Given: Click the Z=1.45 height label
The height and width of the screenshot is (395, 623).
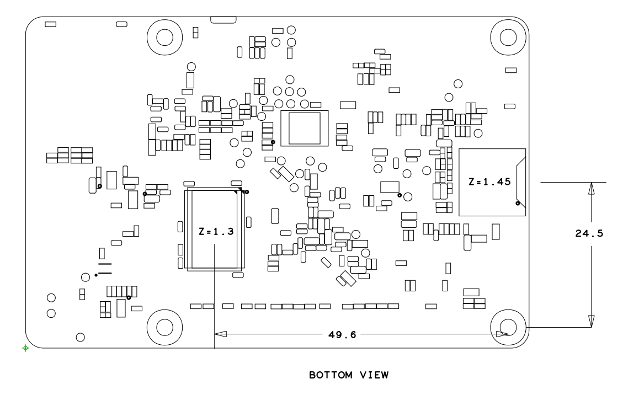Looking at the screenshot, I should pos(488,181).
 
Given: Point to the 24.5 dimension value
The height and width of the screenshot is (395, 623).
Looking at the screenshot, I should pos(589,233).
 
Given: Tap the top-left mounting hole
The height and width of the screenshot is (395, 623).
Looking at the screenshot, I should pos(165,37).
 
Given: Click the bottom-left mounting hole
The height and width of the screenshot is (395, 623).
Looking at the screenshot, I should pos(165,327).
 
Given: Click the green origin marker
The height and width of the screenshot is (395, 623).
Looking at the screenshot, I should pos(25,348).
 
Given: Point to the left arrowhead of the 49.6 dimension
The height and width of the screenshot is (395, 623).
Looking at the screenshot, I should pos(220,334).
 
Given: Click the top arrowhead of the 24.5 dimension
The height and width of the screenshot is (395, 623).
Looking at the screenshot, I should pos(591,189).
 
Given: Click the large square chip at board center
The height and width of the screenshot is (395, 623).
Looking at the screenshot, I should pos(304,129).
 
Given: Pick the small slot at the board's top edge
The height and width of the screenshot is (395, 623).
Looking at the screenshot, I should pos(223,20).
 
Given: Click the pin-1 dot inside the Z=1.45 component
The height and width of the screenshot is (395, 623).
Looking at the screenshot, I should pos(517,203).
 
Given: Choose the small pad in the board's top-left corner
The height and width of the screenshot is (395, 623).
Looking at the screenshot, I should pos(50,24).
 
